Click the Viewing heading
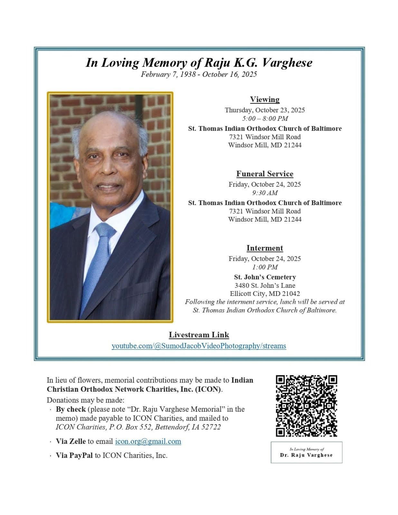click(x=265, y=99)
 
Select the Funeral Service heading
click(x=265, y=174)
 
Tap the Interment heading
click(x=265, y=248)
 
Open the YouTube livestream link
click(x=199, y=346)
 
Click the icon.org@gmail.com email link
click(x=148, y=441)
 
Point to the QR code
click(x=306, y=406)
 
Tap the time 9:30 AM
click(x=265, y=193)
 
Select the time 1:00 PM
click(x=265, y=267)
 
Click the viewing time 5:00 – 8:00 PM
click(x=265, y=118)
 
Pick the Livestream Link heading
click(x=199, y=335)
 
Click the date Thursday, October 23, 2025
click(x=265, y=110)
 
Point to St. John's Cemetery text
click(x=265, y=277)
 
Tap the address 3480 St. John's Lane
click(x=265, y=286)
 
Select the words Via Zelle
click(x=71, y=441)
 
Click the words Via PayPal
click(x=74, y=455)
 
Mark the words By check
click(x=71, y=409)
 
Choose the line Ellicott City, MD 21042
click(x=265, y=294)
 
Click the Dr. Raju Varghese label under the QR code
click(x=306, y=455)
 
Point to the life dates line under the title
click(x=199, y=75)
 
